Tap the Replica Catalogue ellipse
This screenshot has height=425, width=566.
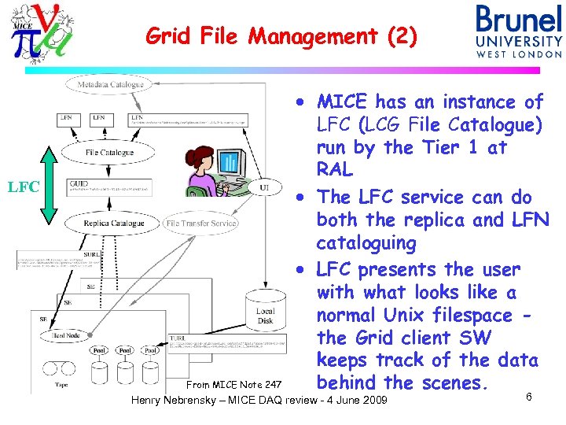pyautogui.click(x=115, y=224)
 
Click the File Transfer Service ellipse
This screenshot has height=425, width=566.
pyautogui.click(x=201, y=224)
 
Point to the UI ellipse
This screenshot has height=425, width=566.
pyautogui.click(x=265, y=187)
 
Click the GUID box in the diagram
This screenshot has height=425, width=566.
pyautogui.click(x=108, y=187)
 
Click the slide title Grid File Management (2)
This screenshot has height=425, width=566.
pyautogui.click(x=281, y=36)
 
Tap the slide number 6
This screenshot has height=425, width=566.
pyautogui.click(x=528, y=397)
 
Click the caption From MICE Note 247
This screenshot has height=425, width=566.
pyautogui.click(x=233, y=384)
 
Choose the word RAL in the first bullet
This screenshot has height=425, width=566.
pyautogui.click(x=335, y=170)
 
